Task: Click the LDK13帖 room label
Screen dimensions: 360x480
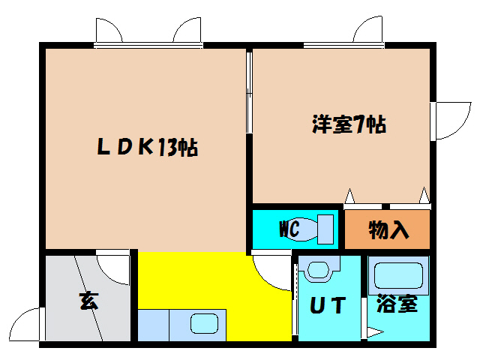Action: point(147,148)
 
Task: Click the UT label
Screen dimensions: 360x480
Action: point(328,306)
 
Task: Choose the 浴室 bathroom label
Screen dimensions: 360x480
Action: point(397,306)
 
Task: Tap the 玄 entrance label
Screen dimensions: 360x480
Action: point(88,303)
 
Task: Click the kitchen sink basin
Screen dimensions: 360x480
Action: point(204,325)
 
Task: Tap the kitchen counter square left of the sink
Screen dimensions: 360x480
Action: point(153,324)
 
